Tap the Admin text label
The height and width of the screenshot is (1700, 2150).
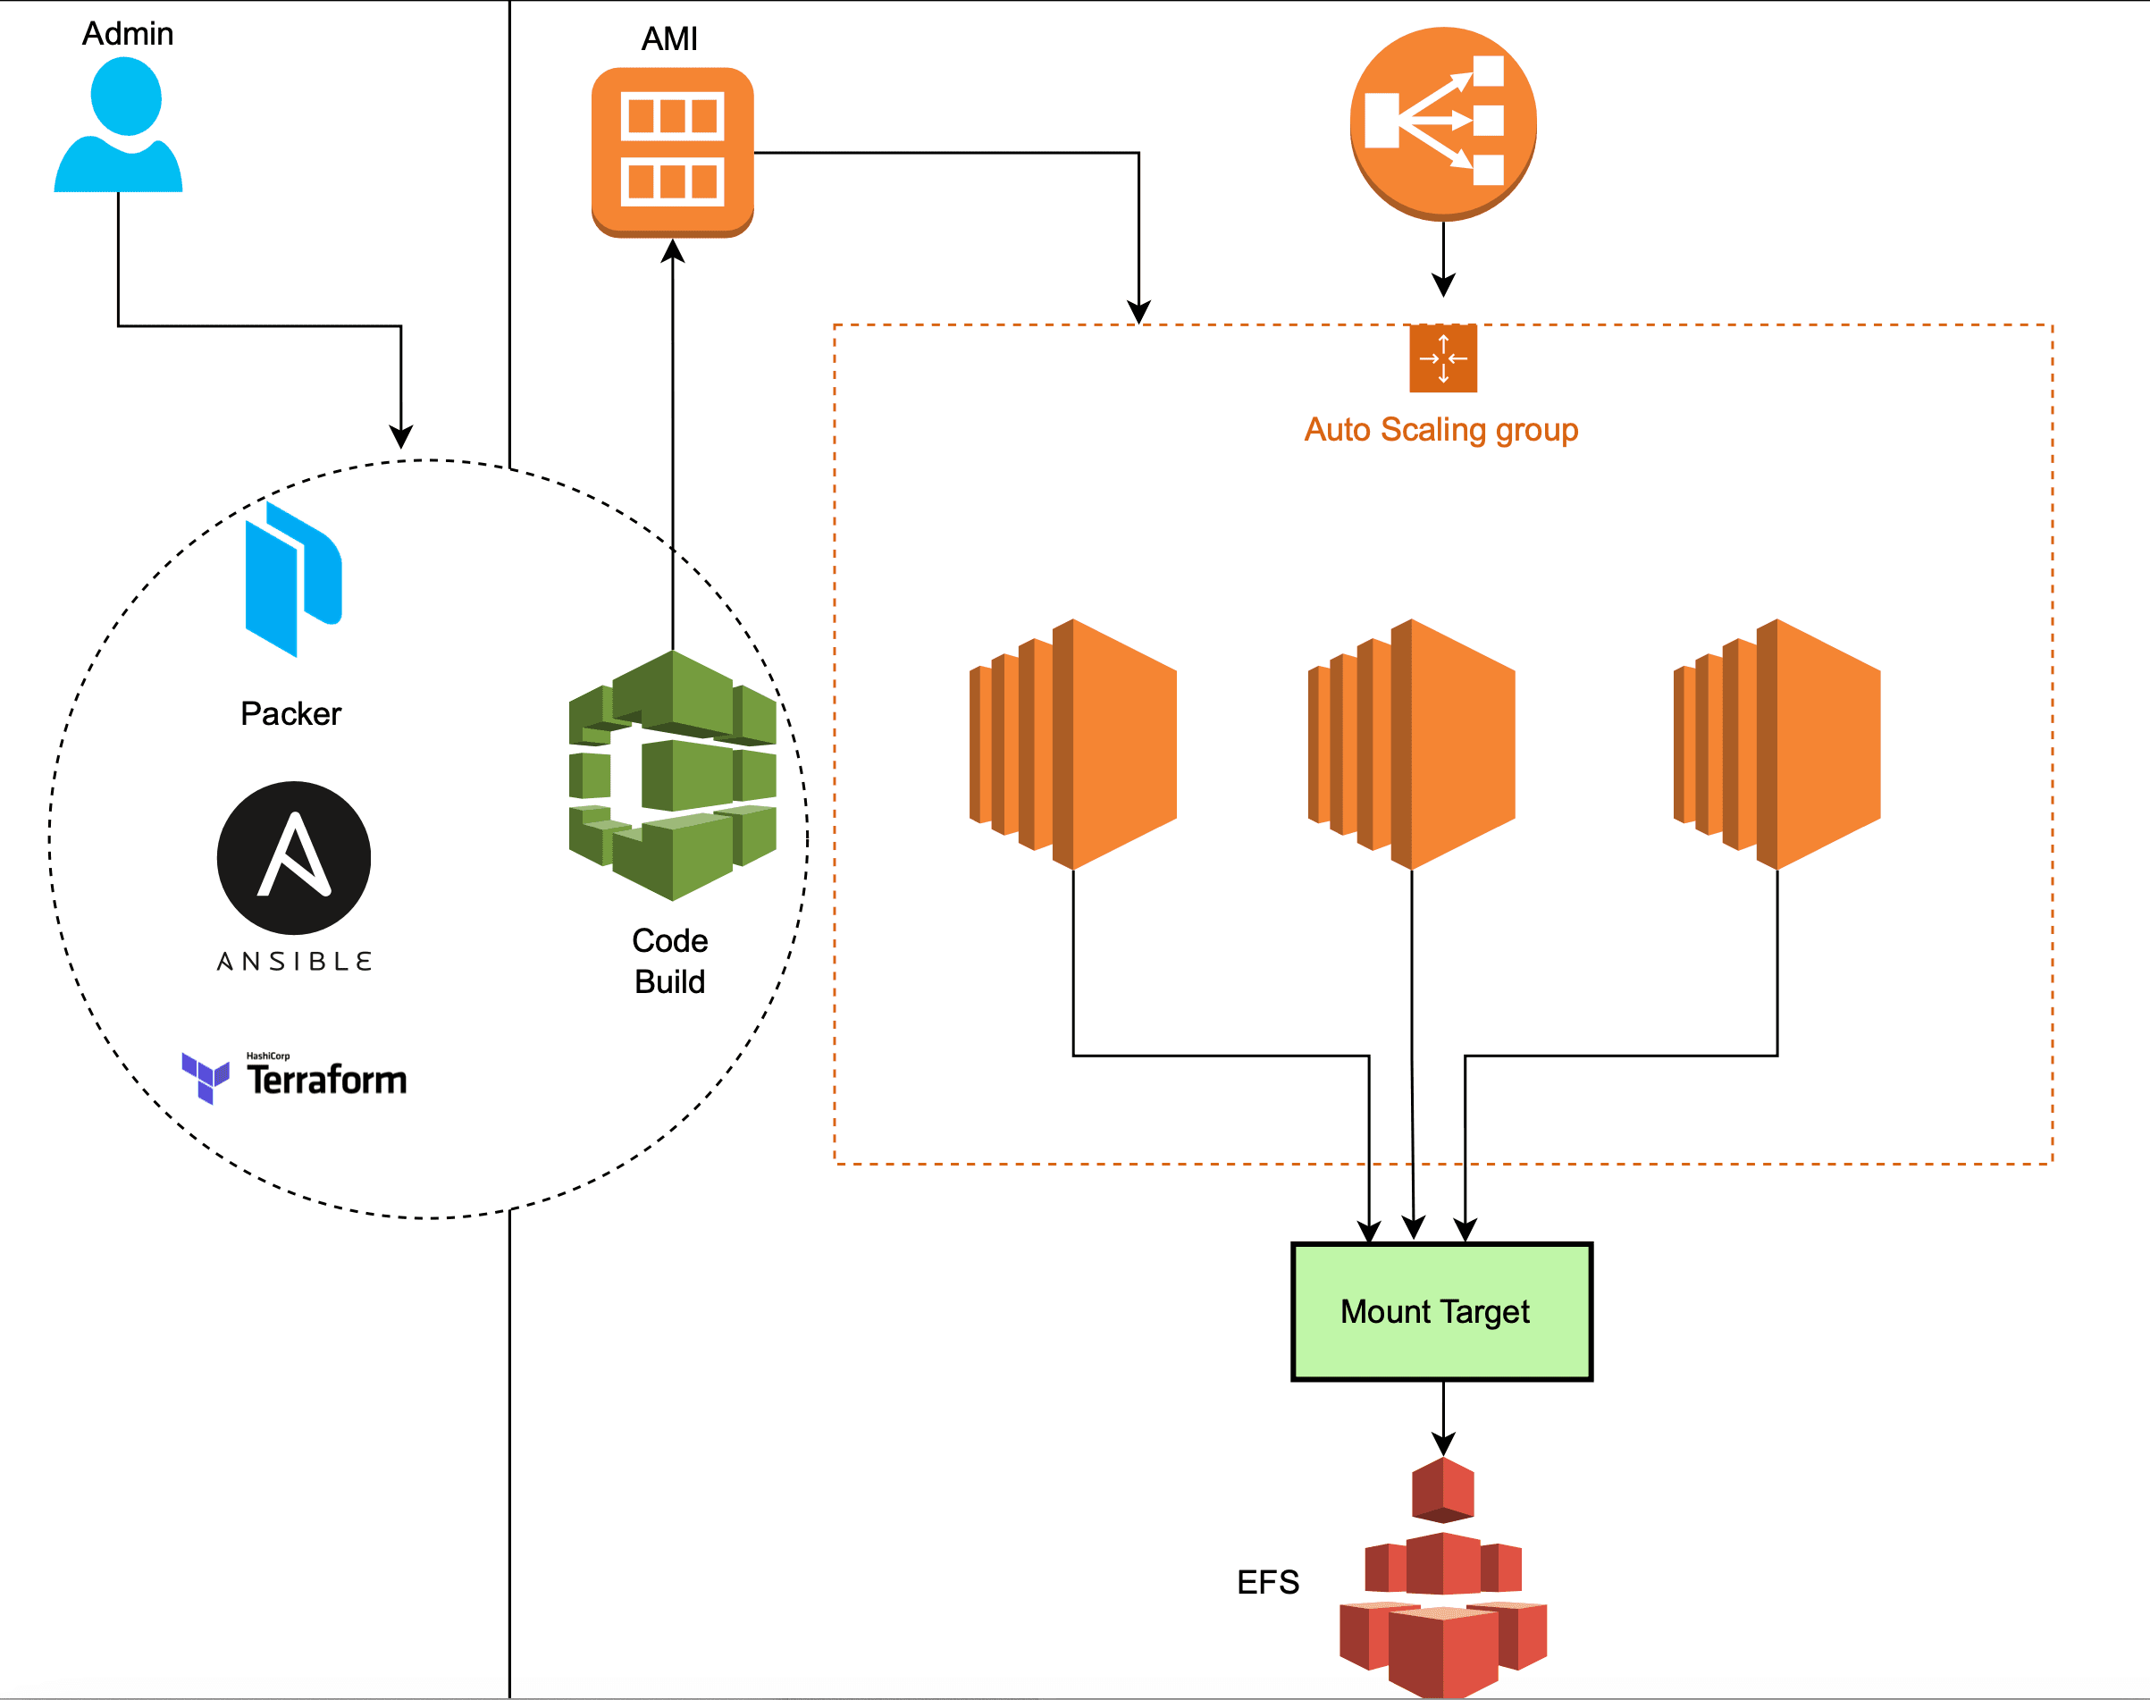tap(128, 34)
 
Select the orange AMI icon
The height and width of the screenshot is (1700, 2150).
tap(673, 151)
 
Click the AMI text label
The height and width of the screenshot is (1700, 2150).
tap(669, 38)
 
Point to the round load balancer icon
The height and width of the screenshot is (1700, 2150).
tap(1442, 122)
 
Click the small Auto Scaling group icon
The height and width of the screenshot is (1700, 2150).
tap(1442, 358)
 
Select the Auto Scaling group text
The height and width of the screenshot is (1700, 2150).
tap(1440, 430)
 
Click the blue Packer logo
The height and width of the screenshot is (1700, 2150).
tap(293, 579)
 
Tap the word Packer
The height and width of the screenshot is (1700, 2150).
tap(290, 713)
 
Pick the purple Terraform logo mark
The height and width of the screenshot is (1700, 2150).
tap(205, 1077)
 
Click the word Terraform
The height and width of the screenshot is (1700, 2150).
tap(327, 1080)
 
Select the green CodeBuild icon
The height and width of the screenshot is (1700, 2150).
tap(673, 777)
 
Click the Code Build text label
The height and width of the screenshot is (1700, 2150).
tap(669, 961)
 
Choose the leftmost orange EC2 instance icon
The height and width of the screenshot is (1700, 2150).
tap(1073, 745)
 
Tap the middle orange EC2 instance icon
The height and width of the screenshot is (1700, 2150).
tap(1412, 745)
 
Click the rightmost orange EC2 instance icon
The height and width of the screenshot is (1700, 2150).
tap(1776, 745)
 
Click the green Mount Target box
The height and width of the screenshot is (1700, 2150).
tap(1441, 1312)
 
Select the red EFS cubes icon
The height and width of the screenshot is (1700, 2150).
tap(1442, 1583)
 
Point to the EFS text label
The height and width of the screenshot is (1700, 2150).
tap(1267, 1583)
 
